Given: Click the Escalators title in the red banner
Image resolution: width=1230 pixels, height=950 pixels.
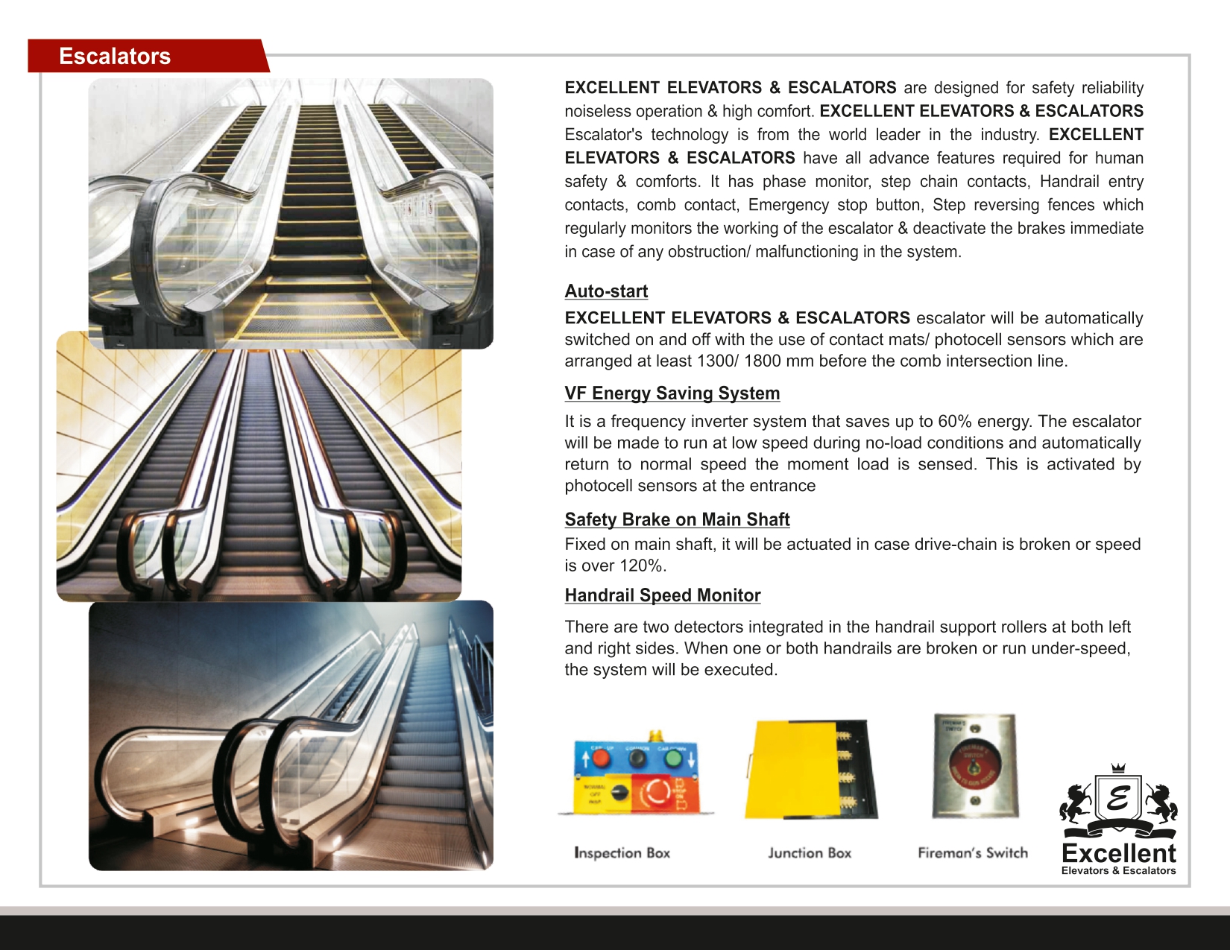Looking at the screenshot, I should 115,56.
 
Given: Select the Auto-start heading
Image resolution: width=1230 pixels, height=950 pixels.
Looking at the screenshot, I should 606,291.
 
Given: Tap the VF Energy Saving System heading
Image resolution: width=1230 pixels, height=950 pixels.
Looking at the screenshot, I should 672,393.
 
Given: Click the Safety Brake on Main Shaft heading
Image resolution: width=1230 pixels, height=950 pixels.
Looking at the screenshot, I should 677,519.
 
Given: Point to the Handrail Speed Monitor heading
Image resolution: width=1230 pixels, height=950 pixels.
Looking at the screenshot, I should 662,595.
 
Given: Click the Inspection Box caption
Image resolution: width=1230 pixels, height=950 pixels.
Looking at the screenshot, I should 622,852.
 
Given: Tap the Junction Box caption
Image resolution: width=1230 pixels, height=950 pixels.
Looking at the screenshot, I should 810,852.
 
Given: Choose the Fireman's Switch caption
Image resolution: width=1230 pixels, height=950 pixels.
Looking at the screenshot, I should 972,852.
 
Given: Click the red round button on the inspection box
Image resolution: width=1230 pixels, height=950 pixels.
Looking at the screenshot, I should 601,759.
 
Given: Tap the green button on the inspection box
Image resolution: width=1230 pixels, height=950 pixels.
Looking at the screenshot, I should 673,759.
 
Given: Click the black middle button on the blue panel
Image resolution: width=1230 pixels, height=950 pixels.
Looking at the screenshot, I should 637,759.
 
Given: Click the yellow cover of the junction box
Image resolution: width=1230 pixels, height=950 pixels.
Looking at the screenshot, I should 790,769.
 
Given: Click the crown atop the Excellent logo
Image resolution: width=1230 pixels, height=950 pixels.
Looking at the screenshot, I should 1117,768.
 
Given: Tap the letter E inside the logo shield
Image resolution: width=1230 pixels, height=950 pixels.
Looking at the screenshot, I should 1117,798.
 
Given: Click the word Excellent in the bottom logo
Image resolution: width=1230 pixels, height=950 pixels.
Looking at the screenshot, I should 1117,853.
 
